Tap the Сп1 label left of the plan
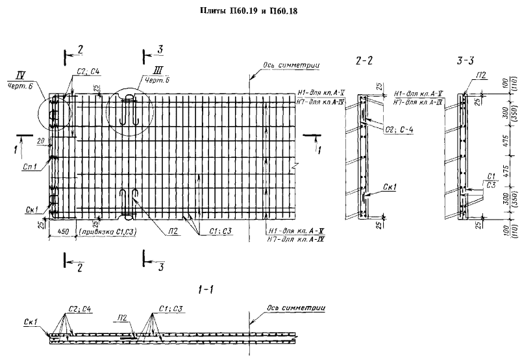click(x=28, y=168)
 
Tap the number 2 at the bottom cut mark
click(x=79, y=267)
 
